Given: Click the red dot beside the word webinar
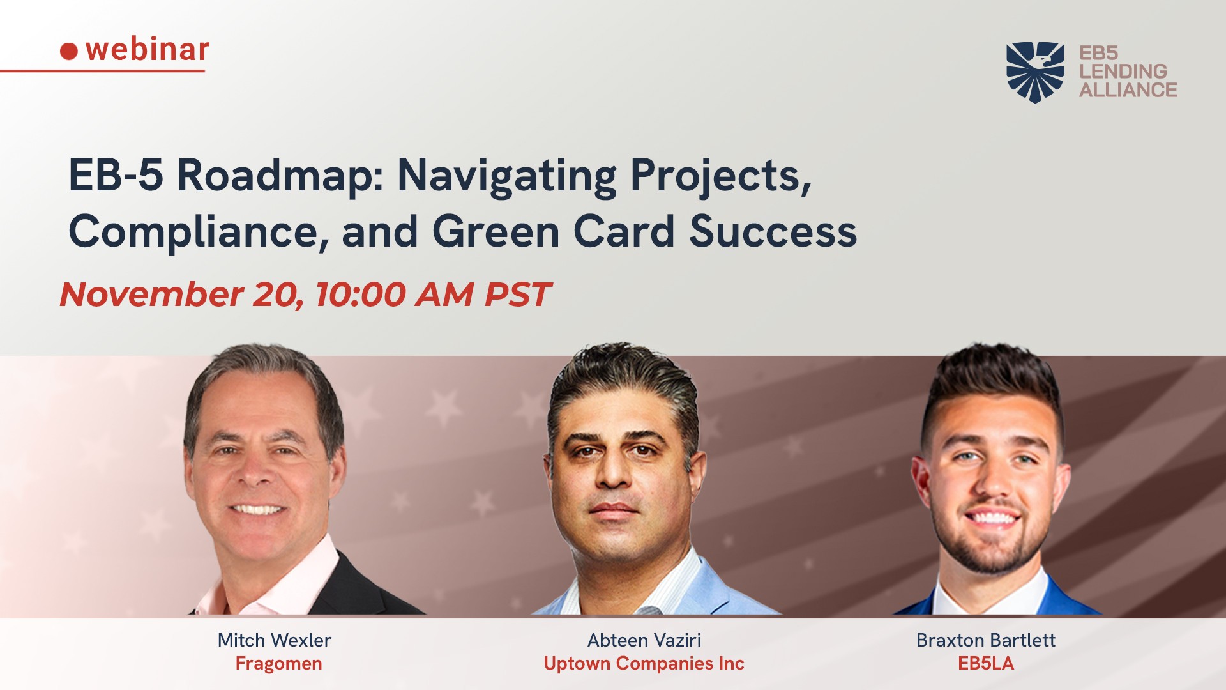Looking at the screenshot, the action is click(x=69, y=51).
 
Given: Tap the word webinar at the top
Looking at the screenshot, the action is click(x=148, y=49).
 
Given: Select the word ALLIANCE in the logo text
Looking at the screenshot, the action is click(x=1128, y=89).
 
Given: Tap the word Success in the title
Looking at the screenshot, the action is click(x=773, y=231).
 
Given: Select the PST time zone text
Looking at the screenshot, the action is click(x=517, y=295).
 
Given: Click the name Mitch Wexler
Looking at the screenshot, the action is click(x=275, y=640).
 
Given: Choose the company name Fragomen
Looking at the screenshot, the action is click(x=278, y=664).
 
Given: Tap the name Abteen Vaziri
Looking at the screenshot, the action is click(x=644, y=640).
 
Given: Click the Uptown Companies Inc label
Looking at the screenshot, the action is click(x=644, y=664).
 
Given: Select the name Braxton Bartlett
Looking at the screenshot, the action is click(x=986, y=640).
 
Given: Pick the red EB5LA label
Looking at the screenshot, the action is click(x=986, y=663).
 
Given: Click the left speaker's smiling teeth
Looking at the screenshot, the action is click(x=257, y=510).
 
